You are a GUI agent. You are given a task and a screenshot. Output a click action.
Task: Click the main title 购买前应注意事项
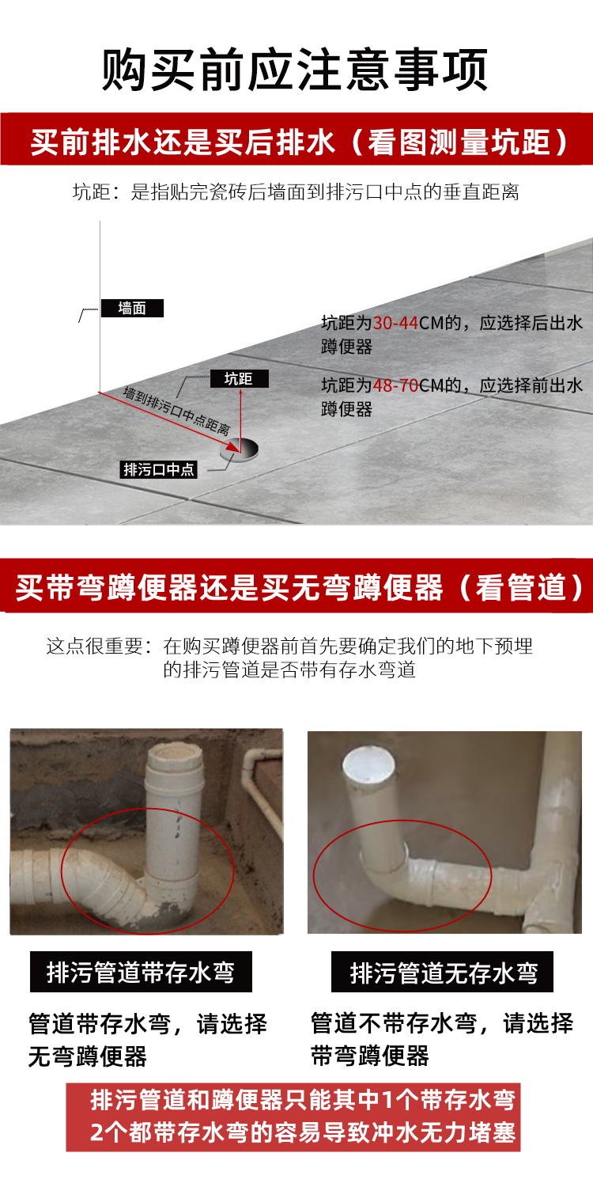point(295,70)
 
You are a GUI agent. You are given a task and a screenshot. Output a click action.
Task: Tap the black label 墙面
point(132,308)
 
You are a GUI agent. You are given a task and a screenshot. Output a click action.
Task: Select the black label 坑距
point(239,378)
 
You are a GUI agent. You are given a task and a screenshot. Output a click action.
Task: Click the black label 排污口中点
point(158,469)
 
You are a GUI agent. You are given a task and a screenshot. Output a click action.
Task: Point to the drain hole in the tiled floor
point(240,449)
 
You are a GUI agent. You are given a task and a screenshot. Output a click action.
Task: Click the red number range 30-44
point(395,323)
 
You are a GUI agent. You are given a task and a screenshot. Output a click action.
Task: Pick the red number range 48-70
point(395,385)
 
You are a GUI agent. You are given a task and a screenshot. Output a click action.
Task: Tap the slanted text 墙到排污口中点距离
point(176,411)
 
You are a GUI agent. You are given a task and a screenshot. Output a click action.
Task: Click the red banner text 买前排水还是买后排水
point(183,142)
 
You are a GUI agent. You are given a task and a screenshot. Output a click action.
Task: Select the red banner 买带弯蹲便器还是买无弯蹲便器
point(296,587)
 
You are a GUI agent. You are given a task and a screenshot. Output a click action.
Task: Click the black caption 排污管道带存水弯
point(141,972)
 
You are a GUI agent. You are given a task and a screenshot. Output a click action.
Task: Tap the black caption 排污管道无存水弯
point(443,972)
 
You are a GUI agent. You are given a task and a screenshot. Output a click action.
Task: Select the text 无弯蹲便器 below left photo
point(87,1056)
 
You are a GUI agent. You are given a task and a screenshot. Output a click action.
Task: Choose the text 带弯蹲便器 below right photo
point(369,1056)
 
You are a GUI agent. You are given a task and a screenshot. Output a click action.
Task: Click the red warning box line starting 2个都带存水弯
point(302,1132)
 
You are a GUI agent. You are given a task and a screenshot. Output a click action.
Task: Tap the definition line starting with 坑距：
point(296,192)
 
